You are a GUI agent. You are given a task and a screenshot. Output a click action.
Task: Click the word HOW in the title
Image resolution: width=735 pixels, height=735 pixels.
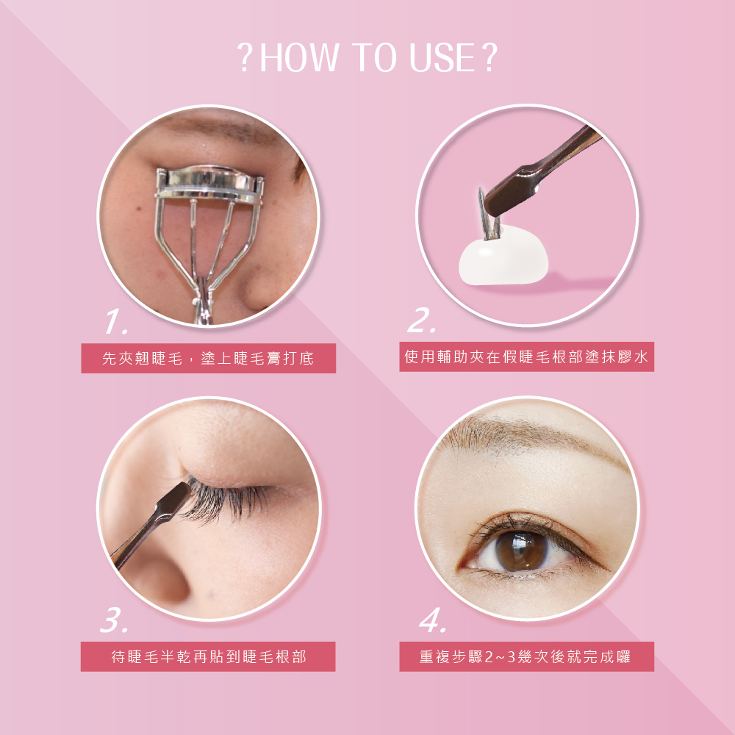299,57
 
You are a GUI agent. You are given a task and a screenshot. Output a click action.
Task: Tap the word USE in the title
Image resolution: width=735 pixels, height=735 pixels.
443,57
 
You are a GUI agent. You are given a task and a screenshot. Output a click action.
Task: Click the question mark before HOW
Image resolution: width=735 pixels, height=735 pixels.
245,57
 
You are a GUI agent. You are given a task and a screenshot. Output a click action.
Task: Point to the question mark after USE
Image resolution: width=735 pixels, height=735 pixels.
489,57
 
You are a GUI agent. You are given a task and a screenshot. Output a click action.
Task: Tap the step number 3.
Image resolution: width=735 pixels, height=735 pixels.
114,620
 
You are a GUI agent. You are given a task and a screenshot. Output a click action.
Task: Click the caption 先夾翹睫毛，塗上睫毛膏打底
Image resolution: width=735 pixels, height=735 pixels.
208,359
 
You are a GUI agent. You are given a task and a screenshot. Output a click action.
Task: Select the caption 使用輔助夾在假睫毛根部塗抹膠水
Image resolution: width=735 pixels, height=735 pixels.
526,356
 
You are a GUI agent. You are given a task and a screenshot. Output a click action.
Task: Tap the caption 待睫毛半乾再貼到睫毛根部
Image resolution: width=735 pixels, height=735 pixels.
209,656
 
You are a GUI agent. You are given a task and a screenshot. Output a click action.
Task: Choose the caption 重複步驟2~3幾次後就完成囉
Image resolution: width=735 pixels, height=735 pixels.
526,656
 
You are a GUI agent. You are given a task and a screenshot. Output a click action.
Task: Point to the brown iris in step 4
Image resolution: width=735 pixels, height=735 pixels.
521,550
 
